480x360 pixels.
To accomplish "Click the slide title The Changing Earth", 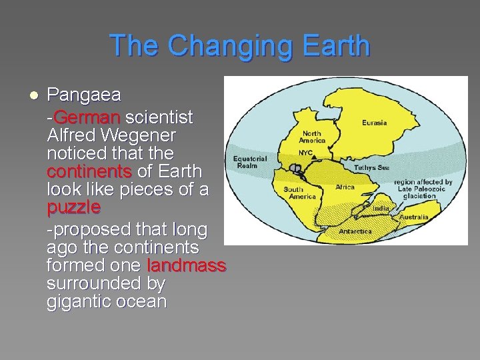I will click(240, 46).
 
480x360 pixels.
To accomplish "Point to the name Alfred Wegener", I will click(111, 135).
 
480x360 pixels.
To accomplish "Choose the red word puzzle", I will click(73, 207).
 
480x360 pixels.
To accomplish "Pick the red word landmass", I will click(187, 265).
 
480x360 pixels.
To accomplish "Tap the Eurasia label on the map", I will click(374, 123).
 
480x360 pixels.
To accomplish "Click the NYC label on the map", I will click(305, 153).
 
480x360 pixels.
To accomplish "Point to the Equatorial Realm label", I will click(250, 162).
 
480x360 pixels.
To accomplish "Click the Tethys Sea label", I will click(371, 167).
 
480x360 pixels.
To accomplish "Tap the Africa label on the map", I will click(345, 187).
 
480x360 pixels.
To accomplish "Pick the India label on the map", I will click(380, 209).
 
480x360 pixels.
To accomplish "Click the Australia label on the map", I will click(413, 217).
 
